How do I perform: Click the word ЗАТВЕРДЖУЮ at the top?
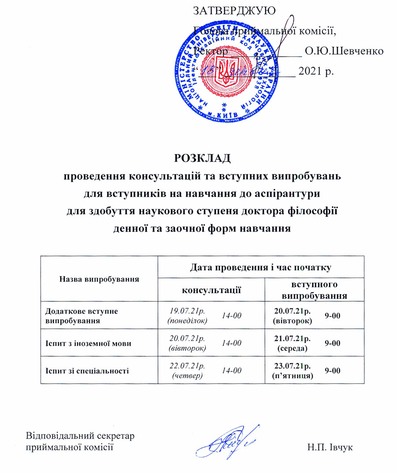[235, 11]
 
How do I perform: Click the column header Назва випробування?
[99, 278]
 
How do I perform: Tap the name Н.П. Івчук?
[331, 447]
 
